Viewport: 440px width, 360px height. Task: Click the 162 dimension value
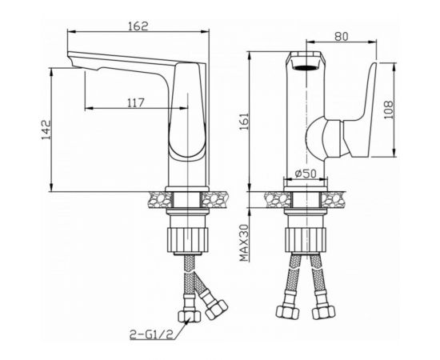click(x=138, y=26)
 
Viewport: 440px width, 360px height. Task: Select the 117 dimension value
click(x=136, y=102)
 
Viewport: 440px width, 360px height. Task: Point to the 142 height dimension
click(x=46, y=130)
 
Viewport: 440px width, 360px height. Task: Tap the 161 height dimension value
click(x=245, y=122)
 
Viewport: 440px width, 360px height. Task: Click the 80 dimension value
click(x=342, y=36)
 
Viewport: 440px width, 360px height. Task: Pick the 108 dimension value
click(x=389, y=110)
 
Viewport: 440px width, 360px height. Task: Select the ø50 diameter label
click(x=306, y=174)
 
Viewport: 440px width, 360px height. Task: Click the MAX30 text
click(x=244, y=243)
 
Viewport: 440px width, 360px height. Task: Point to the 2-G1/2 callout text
click(x=151, y=334)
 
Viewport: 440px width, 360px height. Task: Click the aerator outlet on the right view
click(x=306, y=67)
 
